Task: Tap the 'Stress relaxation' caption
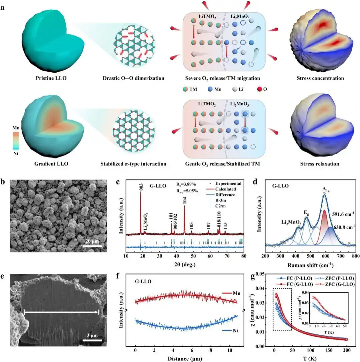pos(320,164)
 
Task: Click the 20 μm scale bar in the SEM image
pos(92,246)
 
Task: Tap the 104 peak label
pos(184,200)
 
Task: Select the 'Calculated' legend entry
pos(228,189)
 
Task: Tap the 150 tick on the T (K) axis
pos(329,351)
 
